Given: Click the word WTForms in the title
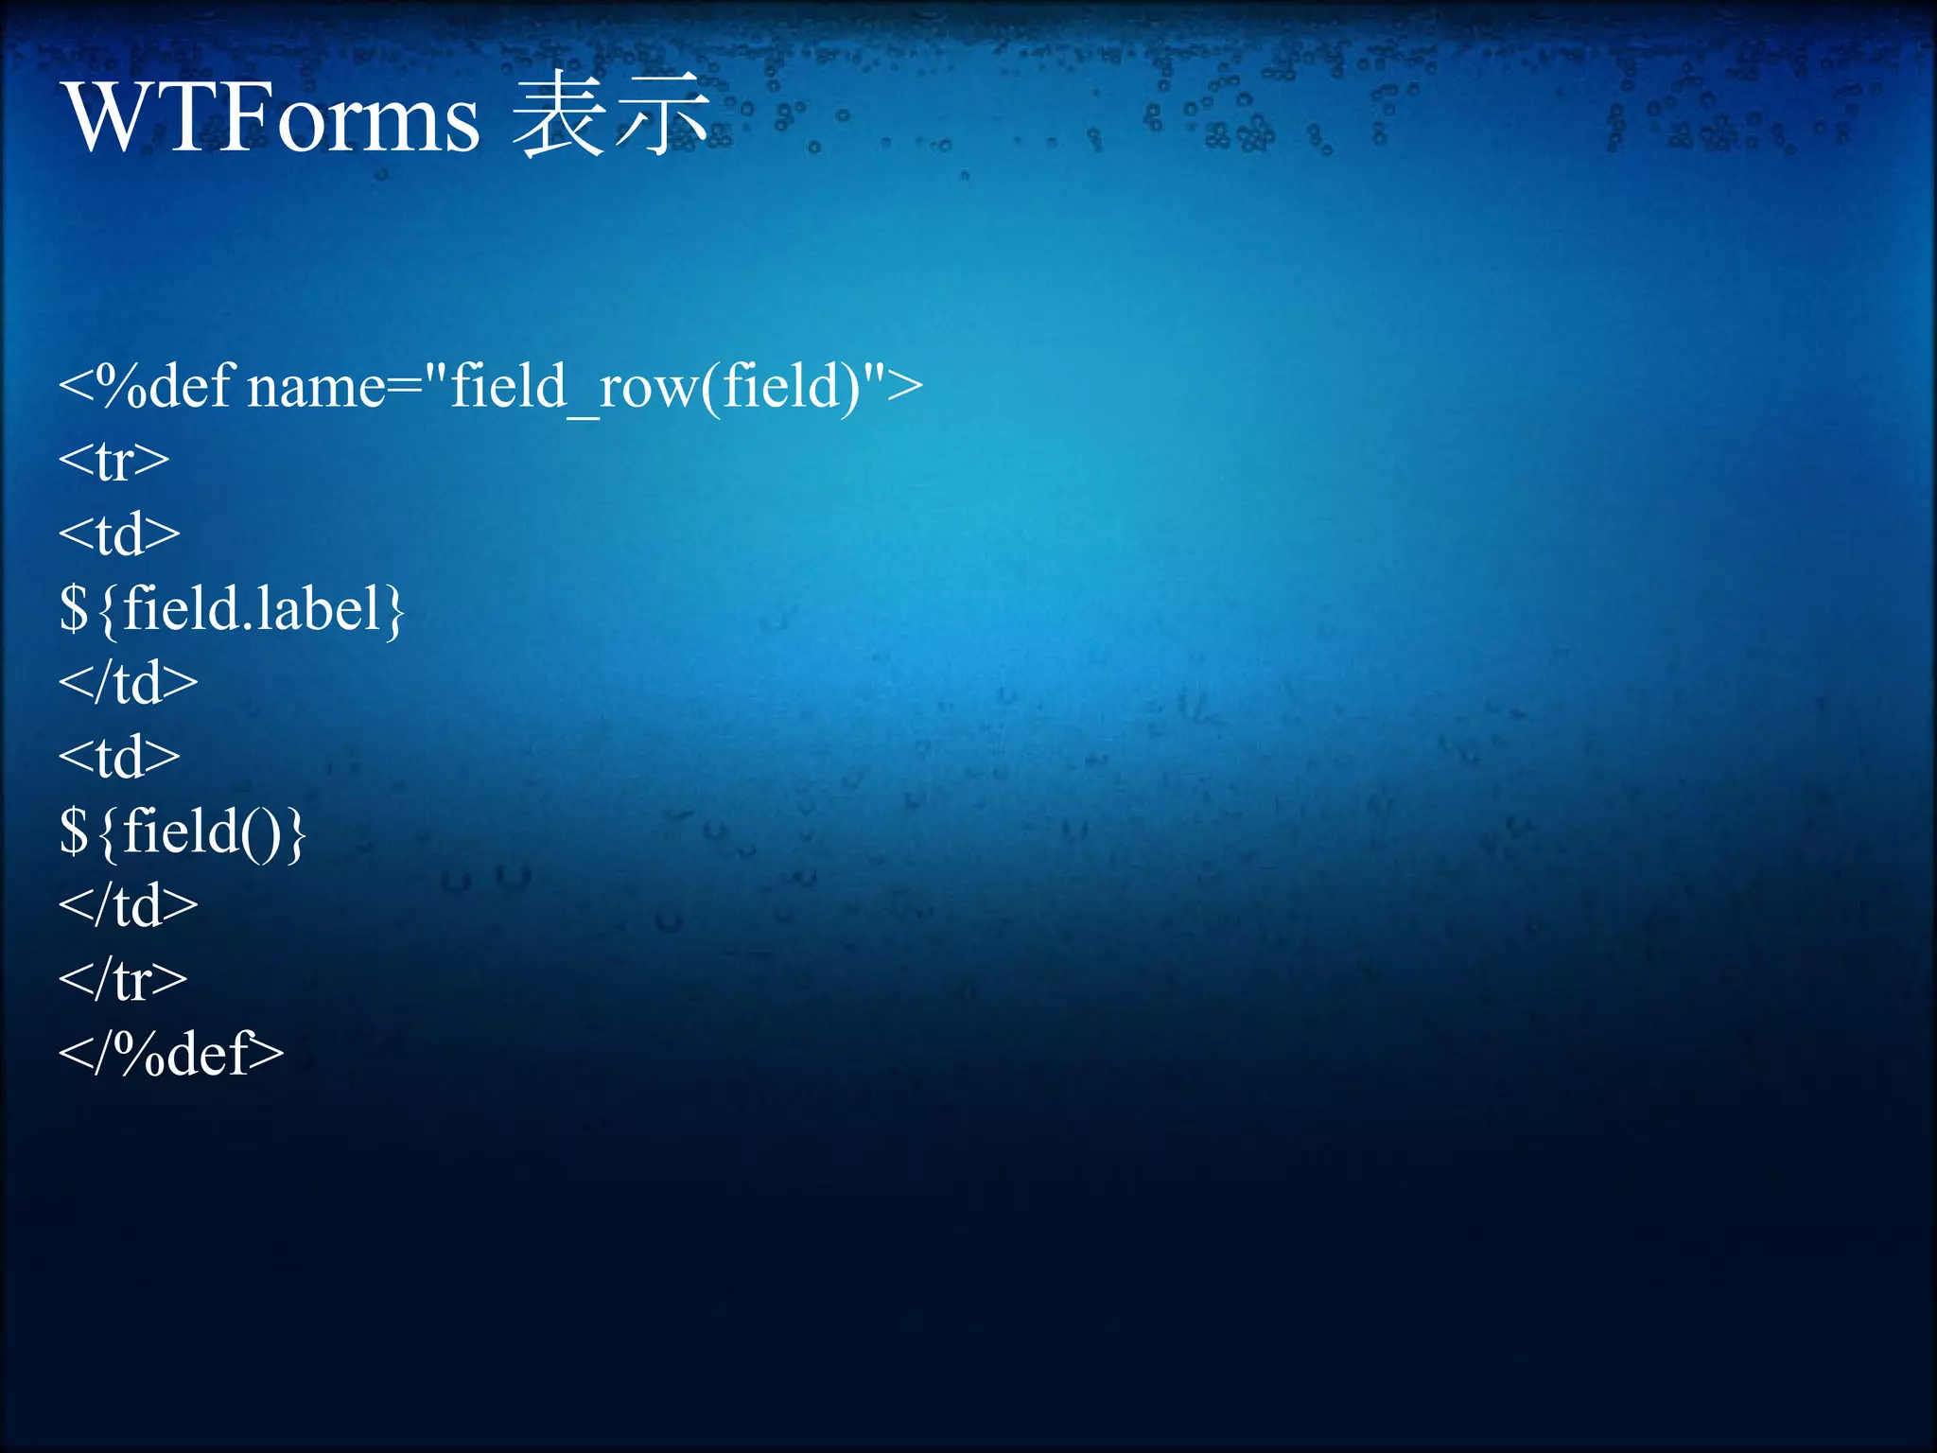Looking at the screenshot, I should click(272, 118).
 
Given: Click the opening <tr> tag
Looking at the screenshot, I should click(113, 461).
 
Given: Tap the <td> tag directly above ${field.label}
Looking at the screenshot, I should click(119, 534).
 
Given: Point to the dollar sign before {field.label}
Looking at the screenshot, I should click(74, 608).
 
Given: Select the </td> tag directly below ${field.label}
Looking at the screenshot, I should click(129, 682).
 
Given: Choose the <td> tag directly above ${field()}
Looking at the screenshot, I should click(119, 757).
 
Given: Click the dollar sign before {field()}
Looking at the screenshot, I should click(74, 831).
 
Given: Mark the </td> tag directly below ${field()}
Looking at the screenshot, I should click(129, 905).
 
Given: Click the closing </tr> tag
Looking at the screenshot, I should click(123, 979).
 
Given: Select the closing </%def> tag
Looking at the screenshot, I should click(171, 1053).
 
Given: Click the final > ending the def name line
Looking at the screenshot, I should click(906, 386).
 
